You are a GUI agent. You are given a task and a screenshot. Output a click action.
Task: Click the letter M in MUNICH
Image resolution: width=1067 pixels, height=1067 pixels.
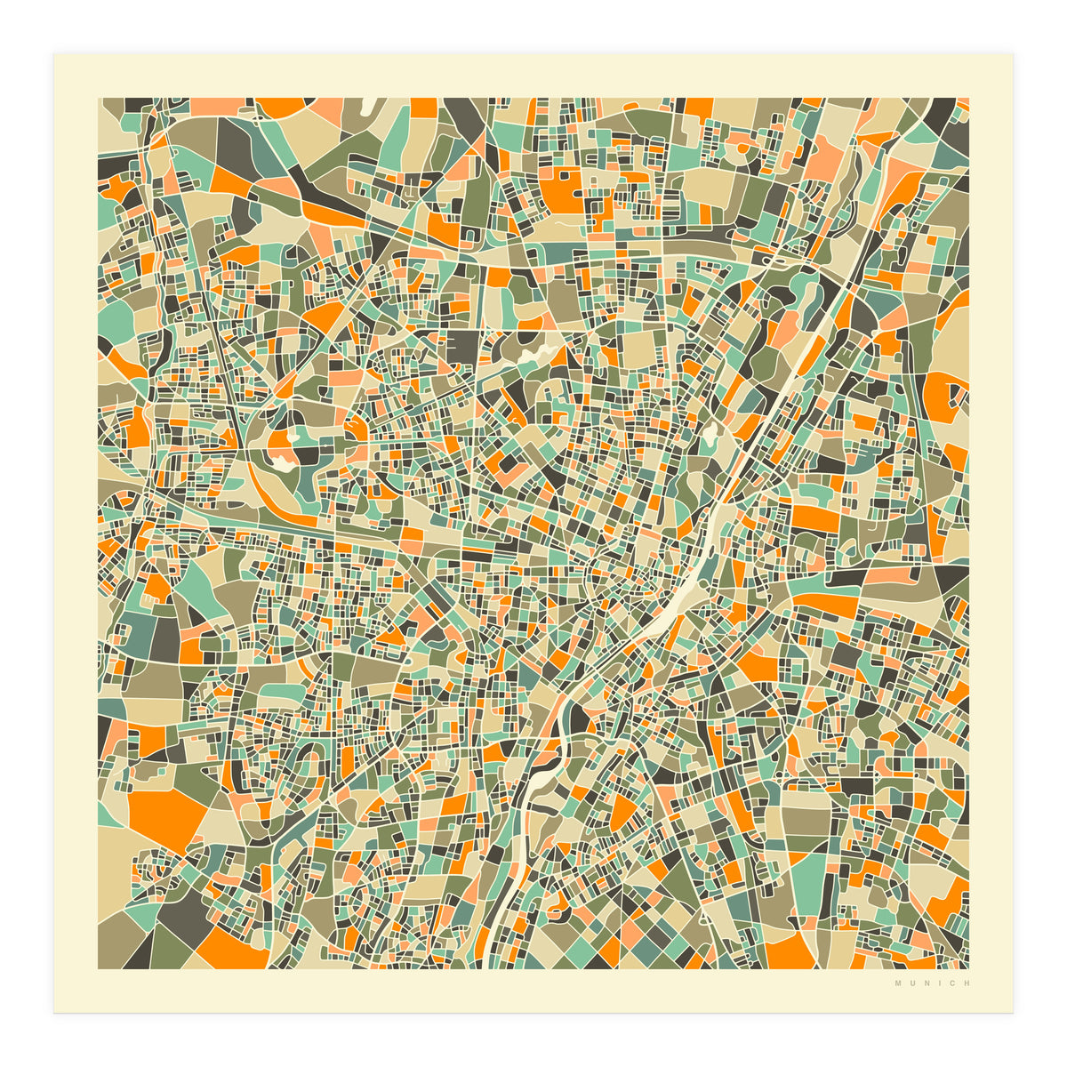pyautogui.click(x=898, y=983)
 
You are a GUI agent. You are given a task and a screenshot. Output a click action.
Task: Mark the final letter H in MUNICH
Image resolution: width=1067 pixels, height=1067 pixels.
pyautogui.click(x=966, y=983)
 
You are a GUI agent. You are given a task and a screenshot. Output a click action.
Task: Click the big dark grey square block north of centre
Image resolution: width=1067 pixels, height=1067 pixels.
pyautogui.click(x=462, y=347)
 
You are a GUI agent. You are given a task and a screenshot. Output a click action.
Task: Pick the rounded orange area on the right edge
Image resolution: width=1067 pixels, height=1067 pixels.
pyautogui.click(x=946, y=391)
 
